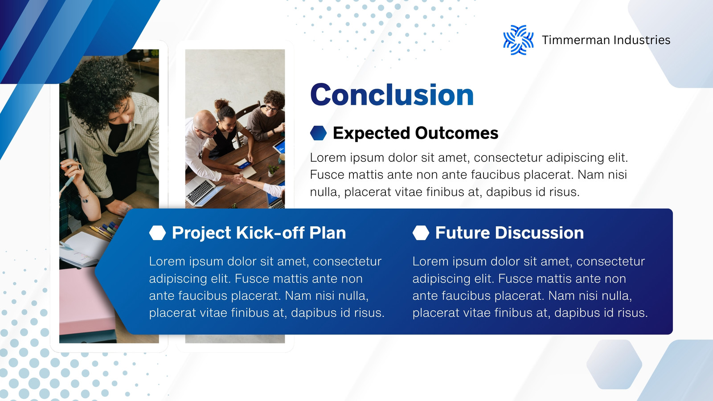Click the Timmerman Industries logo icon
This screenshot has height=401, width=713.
518,40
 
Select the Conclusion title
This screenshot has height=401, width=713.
392,94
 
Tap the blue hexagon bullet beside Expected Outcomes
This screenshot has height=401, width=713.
318,133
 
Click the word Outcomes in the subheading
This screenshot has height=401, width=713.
457,133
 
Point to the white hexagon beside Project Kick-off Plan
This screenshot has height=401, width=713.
158,233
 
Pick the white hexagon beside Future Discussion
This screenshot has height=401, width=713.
421,233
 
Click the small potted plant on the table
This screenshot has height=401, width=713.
272,170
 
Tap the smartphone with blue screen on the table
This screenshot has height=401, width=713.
245,164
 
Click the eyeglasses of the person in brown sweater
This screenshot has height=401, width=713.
271,108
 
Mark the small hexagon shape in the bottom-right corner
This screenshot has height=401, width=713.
614,364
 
